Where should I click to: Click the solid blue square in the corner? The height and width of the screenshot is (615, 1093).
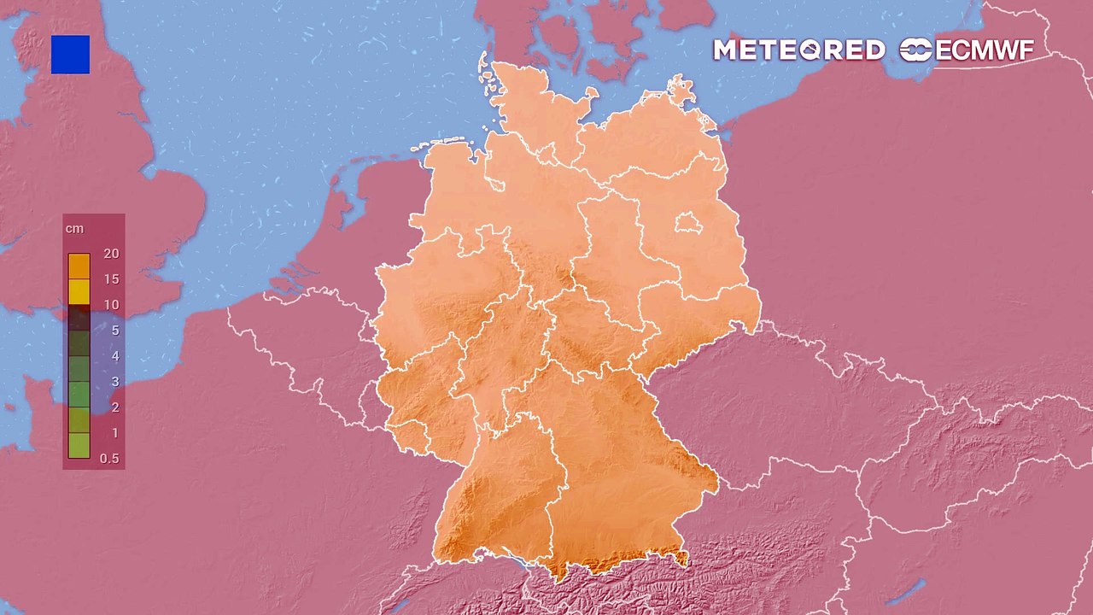[70, 55]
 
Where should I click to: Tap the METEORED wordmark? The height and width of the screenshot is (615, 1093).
[798, 50]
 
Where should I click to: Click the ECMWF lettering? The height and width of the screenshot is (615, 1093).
[985, 50]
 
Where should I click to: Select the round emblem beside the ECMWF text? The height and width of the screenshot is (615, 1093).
[916, 50]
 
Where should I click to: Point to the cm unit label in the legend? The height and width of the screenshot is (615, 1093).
[74, 229]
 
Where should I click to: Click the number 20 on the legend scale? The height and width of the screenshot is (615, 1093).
[110, 254]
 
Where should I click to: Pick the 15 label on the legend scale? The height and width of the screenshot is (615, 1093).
[110, 279]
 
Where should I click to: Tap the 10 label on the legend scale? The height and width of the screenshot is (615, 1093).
[110, 305]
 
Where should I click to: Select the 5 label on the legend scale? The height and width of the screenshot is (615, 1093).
[114, 331]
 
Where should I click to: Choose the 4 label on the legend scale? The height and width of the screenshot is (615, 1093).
[114, 356]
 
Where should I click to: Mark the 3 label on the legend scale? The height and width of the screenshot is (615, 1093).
[114, 382]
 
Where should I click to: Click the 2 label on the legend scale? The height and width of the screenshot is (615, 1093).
[114, 407]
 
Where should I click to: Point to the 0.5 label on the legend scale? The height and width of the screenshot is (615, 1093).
[109, 459]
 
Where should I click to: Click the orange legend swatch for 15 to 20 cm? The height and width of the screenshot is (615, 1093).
[79, 266]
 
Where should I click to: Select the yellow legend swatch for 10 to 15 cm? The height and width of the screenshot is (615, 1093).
[79, 292]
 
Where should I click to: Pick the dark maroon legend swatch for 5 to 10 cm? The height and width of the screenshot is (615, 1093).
[79, 318]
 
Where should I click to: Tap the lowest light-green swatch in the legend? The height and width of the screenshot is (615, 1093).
[79, 446]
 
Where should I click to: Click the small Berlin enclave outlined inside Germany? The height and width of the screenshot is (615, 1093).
[688, 225]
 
